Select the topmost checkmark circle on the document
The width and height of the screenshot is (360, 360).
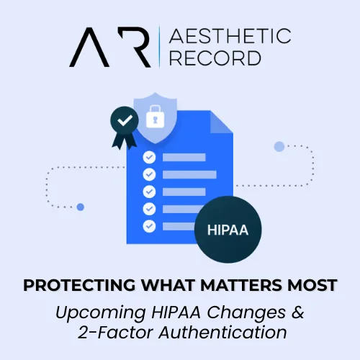150,157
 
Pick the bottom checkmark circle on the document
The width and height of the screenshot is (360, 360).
150,226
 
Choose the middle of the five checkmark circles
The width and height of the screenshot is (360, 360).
150,192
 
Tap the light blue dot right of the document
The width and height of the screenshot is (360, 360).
279,147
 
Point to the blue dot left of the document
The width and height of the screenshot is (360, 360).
81,207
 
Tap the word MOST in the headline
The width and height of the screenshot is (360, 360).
312,286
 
